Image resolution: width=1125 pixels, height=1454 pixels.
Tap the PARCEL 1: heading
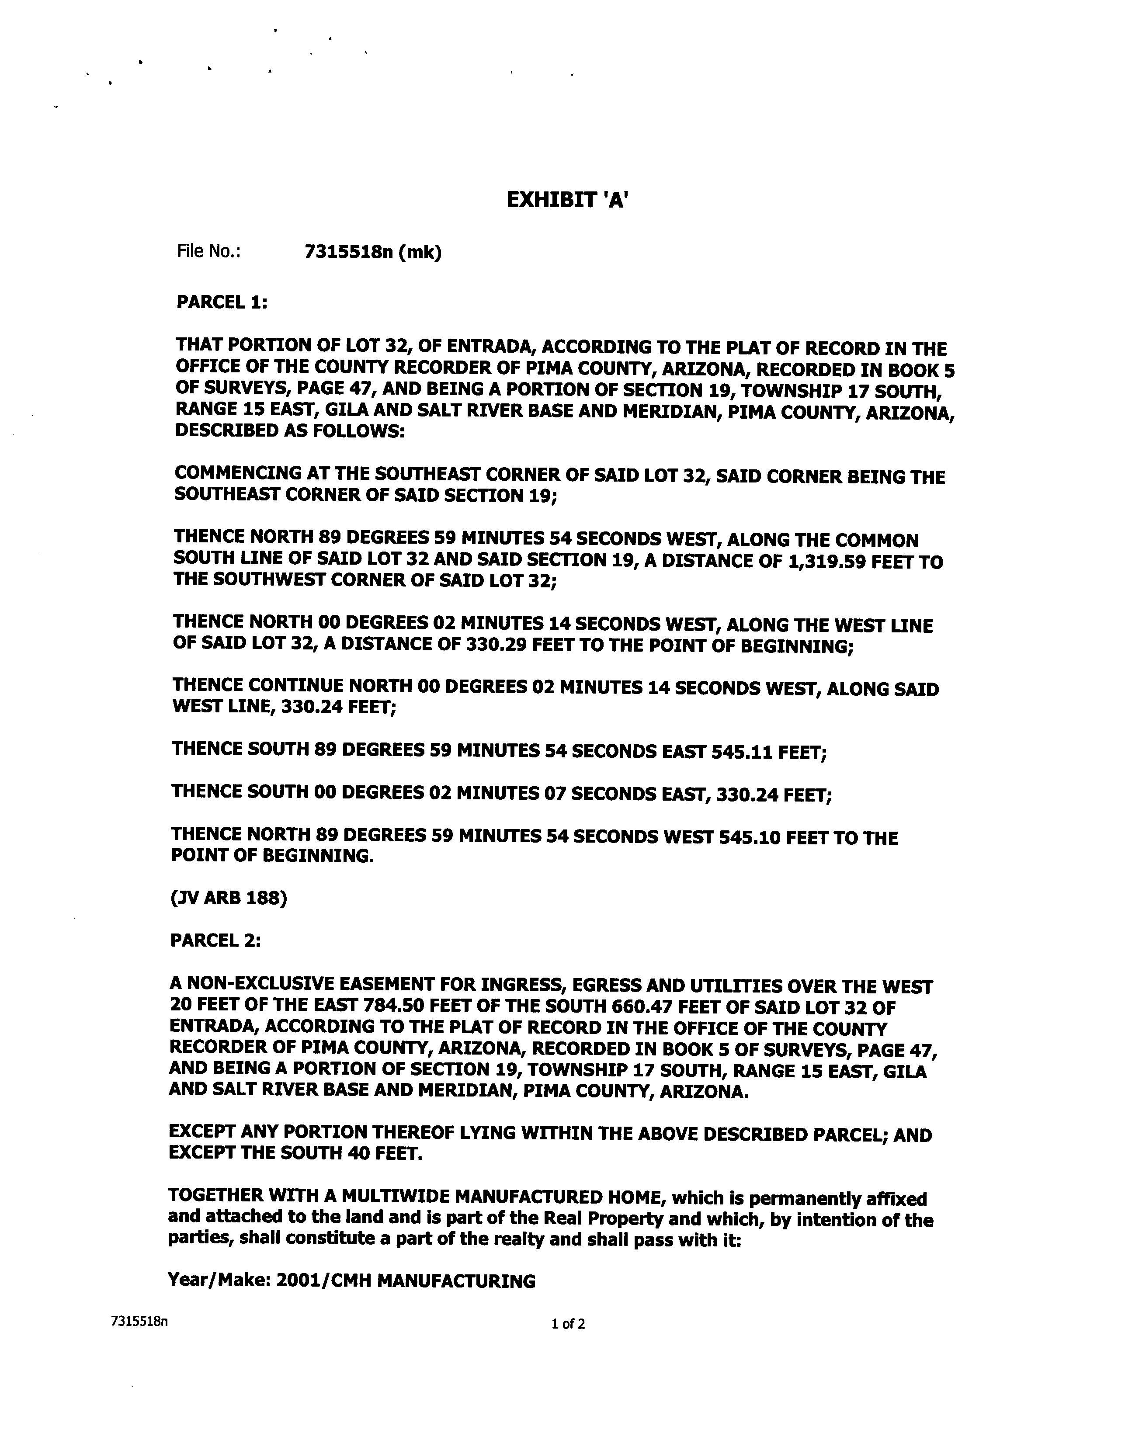(x=222, y=302)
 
